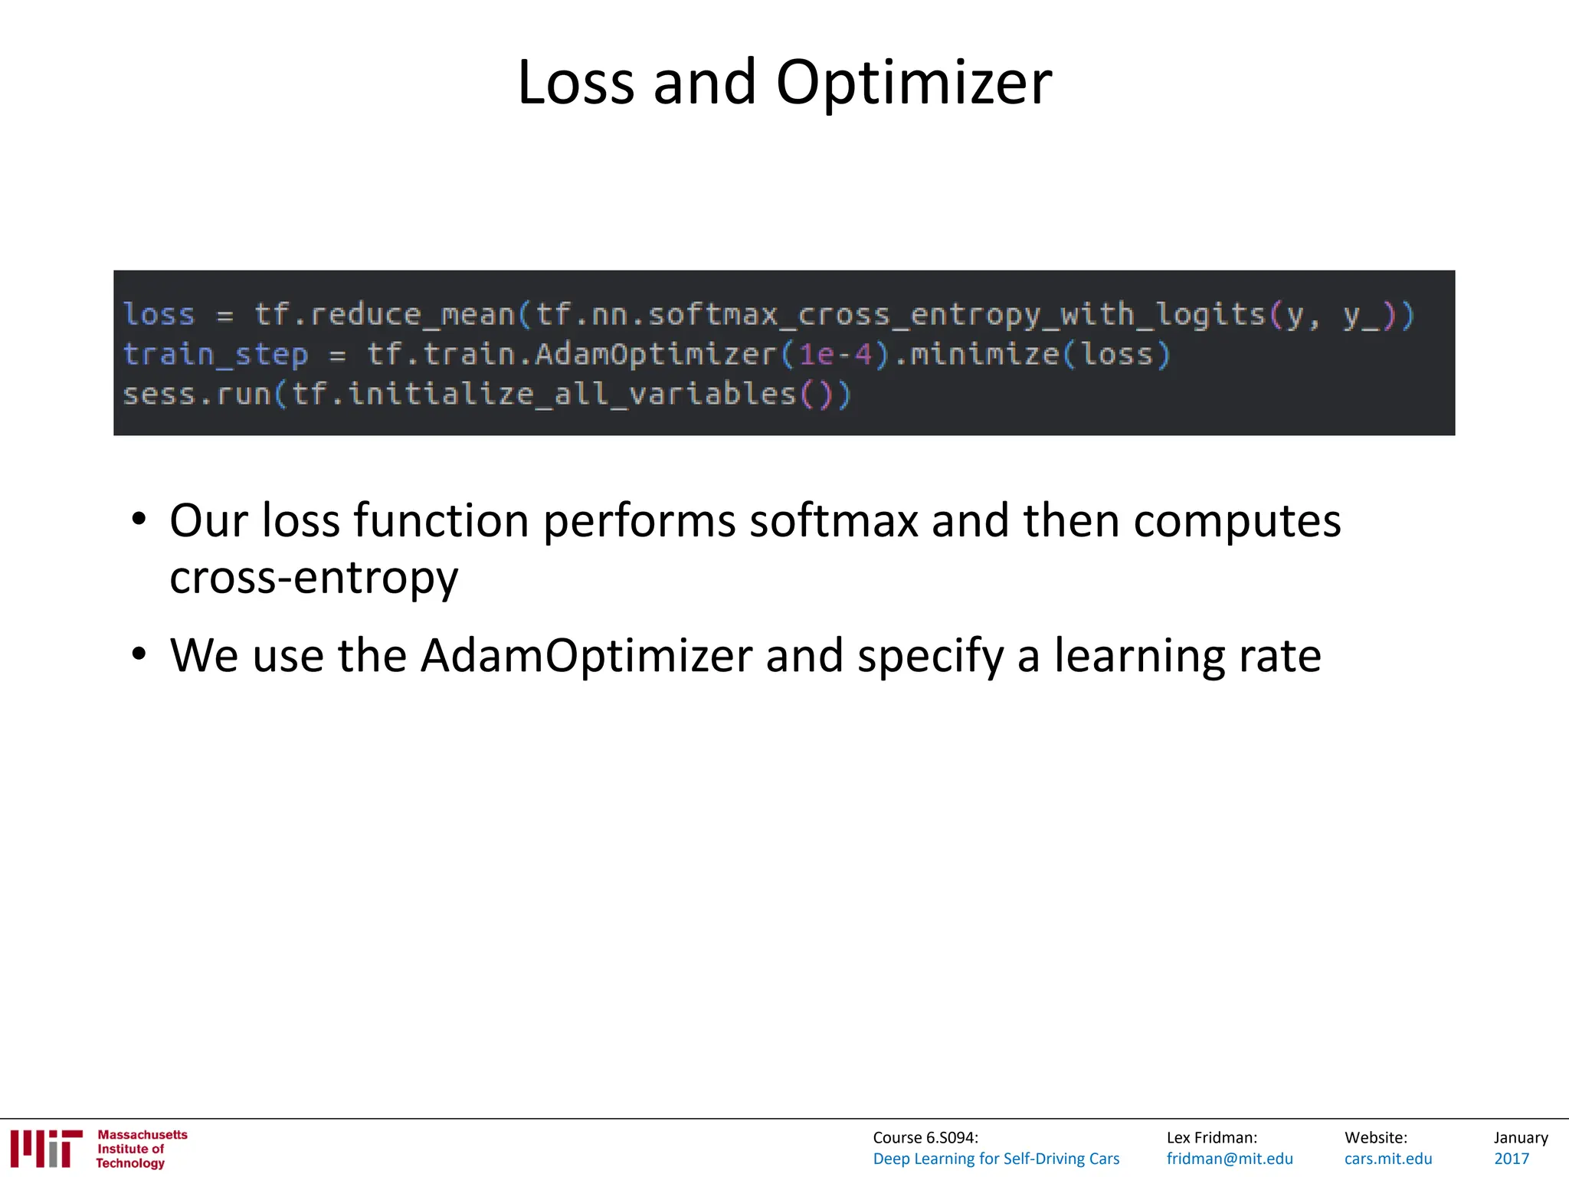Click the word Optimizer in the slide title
point(913,83)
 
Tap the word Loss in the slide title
point(575,83)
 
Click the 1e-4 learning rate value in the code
point(835,355)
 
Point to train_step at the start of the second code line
point(215,355)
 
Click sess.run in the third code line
point(197,395)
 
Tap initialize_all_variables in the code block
point(572,395)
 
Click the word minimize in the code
point(983,355)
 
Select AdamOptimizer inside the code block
point(656,355)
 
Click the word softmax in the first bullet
point(834,521)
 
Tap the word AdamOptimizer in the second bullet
point(586,656)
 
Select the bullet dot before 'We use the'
point(139,654)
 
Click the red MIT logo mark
point(47,1149)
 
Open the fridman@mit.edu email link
point(1230,1159)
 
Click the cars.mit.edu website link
point(1388,1159)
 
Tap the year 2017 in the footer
point(1512,1159)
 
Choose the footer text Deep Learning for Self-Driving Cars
point(996,1159)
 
